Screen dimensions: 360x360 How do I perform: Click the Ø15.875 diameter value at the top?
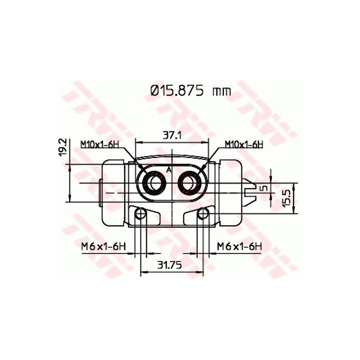[177, 91]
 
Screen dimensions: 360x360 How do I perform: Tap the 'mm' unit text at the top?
[221, 92]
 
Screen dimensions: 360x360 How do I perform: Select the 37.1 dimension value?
[172, 135]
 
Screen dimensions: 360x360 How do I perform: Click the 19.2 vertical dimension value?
[62, 147]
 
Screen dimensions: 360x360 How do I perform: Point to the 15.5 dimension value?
[286, 197]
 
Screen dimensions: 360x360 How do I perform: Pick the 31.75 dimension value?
[169, 265]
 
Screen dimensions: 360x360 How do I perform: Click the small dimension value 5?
[264, 188]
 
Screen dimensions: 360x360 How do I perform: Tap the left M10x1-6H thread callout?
[100, 144]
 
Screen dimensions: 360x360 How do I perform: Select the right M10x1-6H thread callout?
[244, 144]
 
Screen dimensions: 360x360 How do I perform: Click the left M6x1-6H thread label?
[103, 247]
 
